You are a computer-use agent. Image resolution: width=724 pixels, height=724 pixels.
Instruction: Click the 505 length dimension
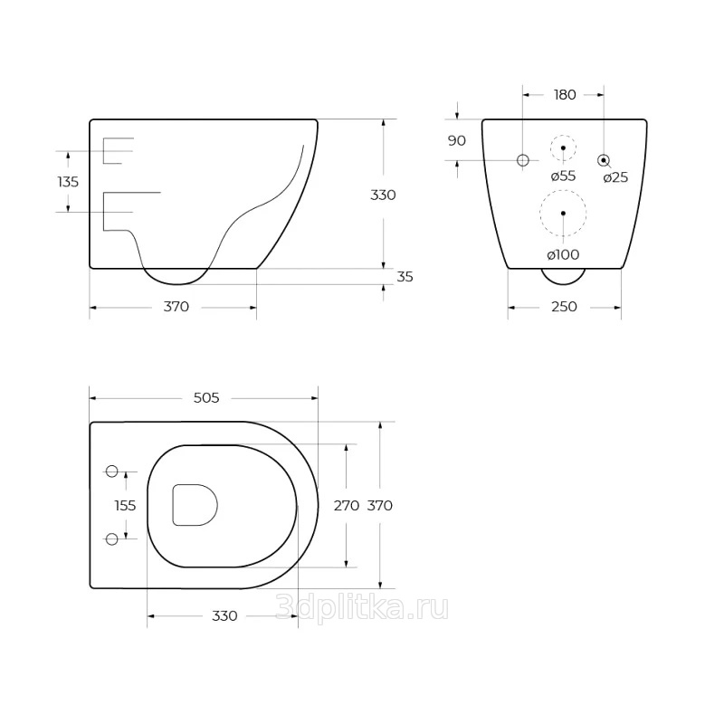pos(206,397)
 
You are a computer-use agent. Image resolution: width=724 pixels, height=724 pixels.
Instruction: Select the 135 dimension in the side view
pos(68,182)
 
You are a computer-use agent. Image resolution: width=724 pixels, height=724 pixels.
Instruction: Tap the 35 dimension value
pos(405,277)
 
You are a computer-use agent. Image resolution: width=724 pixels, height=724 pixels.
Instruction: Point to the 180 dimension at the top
pos(565,95)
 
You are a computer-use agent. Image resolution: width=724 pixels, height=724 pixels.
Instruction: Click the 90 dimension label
pos(457,141)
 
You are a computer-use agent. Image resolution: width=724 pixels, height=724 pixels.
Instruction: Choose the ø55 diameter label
pos(563,176)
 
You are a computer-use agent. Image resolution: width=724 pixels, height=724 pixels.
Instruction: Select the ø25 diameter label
pos(616,177)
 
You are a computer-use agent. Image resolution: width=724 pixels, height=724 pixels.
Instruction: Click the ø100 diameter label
pos(563,254)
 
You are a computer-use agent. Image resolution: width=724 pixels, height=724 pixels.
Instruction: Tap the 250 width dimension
pos(564,307)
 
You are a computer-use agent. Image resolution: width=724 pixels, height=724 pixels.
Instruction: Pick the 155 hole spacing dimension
pos(125,506)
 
